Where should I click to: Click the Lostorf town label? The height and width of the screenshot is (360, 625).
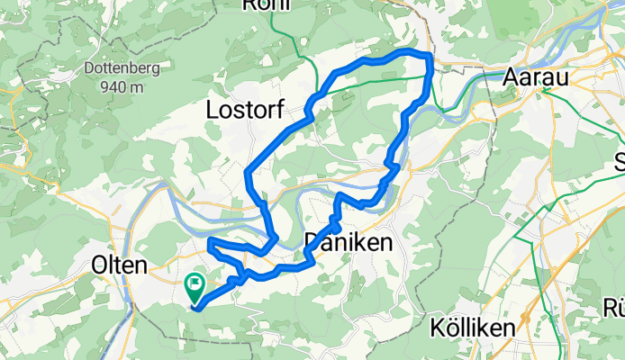[x=246, y=111]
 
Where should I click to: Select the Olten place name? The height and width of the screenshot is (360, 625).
[x=120, y=265]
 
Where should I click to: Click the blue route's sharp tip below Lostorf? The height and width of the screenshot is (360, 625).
[x=247, y=170]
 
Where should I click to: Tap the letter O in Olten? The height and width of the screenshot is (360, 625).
[x=100, y=265]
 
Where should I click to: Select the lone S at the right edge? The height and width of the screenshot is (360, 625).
[x=619, y=162]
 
